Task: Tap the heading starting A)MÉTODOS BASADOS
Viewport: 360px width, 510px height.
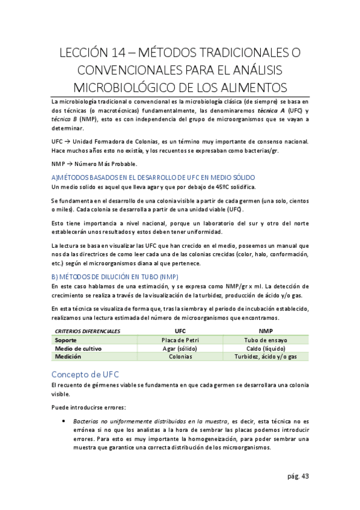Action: click(x=153, y=177)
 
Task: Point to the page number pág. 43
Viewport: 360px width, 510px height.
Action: click(x=297, y=476)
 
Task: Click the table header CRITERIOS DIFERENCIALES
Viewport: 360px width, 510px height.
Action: click(x=87, y=331)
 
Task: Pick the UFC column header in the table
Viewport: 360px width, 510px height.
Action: click(x=180, y=331)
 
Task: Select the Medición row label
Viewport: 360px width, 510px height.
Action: click(x=69, y=357)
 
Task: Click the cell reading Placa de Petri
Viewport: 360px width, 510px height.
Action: click(x=180, y=340)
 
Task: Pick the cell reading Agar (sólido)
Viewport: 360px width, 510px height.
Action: click(x=180, y=348)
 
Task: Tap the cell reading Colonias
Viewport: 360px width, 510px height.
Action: click(x=180, y=357)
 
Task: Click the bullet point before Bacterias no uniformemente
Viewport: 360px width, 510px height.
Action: click(x=63, y=422)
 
